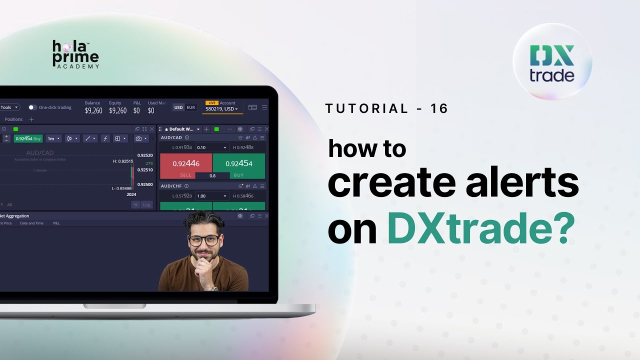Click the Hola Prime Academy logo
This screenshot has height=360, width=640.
[75, 54]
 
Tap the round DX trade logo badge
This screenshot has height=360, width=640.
[552, 62]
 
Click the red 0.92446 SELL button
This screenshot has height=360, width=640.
[186, 165]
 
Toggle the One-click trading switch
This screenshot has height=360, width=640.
[32, 107]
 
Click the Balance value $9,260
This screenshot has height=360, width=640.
[93, 110]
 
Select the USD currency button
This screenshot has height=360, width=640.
[178, 107]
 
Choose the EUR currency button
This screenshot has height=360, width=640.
[191, 107]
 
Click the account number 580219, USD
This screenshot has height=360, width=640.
[221, 109]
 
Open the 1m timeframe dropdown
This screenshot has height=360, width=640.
[53, 138]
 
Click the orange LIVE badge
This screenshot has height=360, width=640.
[211, 103]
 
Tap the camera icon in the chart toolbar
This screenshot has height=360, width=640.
[138, 138]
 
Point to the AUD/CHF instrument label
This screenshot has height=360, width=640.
[171, 186]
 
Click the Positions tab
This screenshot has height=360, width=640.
[14, 119]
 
